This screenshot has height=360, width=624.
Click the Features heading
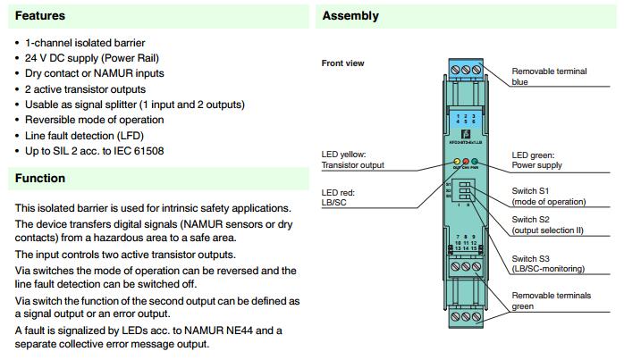point(39,15)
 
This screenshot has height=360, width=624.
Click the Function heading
point(39,178)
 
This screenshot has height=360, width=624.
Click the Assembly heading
point(350,15)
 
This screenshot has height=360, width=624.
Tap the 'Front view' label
point(342,63)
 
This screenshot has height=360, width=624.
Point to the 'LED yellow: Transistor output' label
point(352,159)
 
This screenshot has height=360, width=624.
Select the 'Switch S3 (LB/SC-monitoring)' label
point(548,263)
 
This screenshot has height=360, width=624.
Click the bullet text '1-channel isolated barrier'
point(85,43)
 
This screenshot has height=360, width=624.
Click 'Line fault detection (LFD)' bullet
point(84,136)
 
